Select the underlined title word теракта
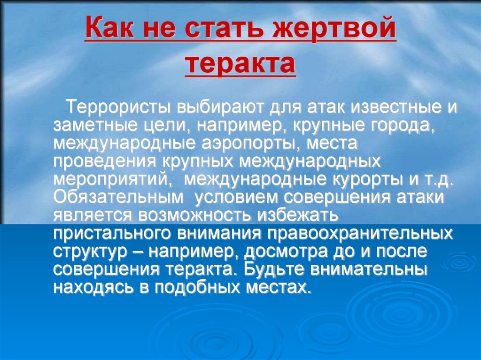pos(240,66)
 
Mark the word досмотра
pos(283,251)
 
